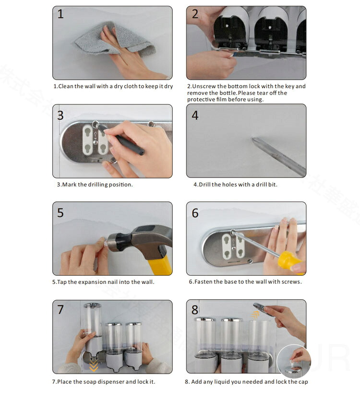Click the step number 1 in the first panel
(x=60, y=14)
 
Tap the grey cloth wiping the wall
(x=115, y=39)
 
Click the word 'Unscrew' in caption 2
(x=204, y=86)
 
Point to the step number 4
(x=195, y=115)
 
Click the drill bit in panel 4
(x=278, y=156)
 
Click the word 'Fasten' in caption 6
(x=204, y=282)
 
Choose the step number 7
(x=60, y=309)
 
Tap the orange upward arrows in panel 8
(x=255, y=315)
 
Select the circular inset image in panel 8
(x=294, y=362)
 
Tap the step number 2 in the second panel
(x=195, y=14)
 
